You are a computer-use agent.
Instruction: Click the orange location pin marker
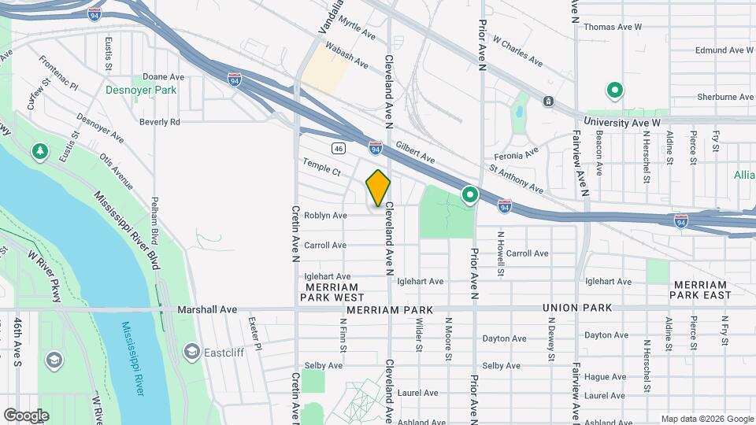coord(378,187)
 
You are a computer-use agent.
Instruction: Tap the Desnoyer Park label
coord(141,91)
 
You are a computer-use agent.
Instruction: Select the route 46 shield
coord(338,147)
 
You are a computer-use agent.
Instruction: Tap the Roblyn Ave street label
coord(325,215)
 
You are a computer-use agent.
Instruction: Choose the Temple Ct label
coord(321,166)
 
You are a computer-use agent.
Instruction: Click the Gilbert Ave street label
coord(415,153)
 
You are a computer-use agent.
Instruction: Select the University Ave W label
coord(622,124)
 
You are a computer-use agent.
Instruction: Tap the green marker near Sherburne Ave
coord(613,91)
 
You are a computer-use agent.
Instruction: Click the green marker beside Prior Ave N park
coord(470,194)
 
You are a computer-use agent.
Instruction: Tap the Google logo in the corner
coord(26,415)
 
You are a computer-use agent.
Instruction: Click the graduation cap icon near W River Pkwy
coord(54,360)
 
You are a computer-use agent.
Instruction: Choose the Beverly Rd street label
coord(160,122)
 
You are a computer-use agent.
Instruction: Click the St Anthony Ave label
coord(516,179)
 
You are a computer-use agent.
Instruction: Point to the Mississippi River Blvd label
coord(127,231)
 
